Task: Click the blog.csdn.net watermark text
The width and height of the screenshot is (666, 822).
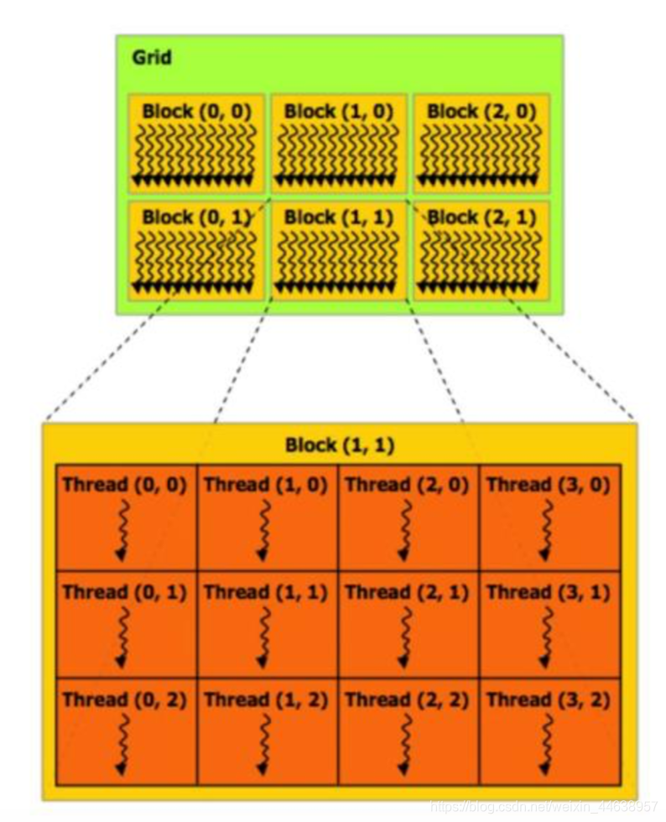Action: pyautogui.click(x=544, y=805)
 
